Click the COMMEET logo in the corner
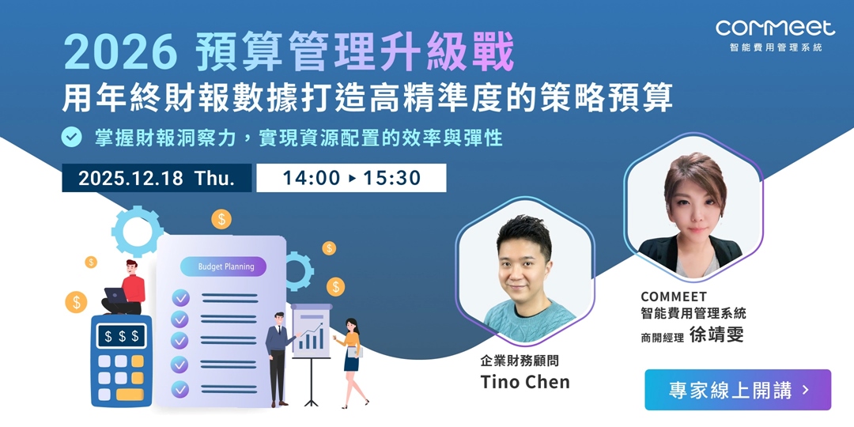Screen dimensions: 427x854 pyautogui.click(x=775, y=28)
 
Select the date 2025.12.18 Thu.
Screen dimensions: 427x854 pyautogui.click(x=157, y=178)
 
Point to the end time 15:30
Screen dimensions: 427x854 pyautogui.click(x=392, y=178)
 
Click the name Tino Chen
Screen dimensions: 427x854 pyautogui.click(x=525, y=383)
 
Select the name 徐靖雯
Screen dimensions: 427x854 pyautogui.click(x=716, y=334)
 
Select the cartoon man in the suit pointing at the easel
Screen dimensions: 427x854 pyautogui.click(x=278, y=356)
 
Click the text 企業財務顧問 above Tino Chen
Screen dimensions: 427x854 pyautogui.click(x=525, y=361)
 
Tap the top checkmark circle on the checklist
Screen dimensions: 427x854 pyautogui.click(x=180, y=298)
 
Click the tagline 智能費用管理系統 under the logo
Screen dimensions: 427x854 pyautogui.click(x=776, y=47)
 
